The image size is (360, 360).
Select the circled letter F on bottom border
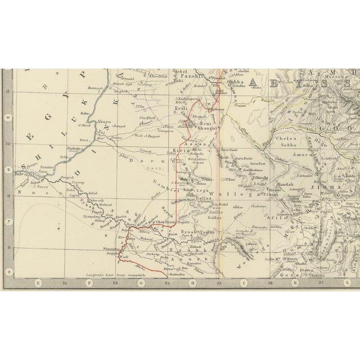coord(89,284)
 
